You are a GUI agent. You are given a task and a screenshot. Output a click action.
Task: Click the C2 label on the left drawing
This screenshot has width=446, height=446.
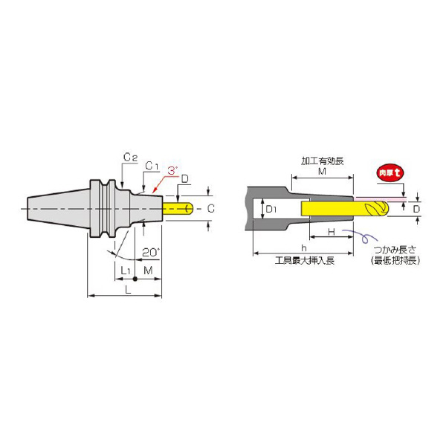click(x=129, y=157)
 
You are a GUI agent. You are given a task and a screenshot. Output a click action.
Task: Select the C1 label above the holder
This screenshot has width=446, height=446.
click(x=150, y=164)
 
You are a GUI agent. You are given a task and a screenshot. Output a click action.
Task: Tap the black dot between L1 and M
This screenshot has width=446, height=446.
click(x=135, y=279)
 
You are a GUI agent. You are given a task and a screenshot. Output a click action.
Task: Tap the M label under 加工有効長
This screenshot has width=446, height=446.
click(x=322, y=171)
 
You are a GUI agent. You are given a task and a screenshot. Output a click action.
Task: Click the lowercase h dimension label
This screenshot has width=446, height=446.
click(x=303, y=248)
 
